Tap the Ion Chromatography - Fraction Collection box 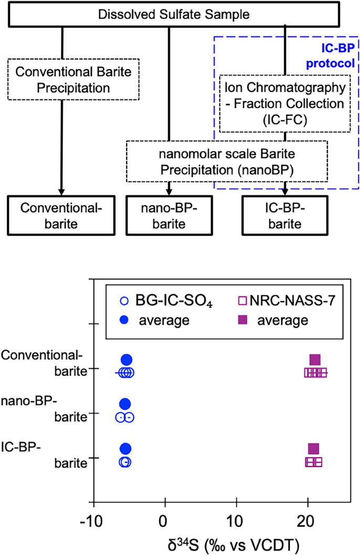[284, 103]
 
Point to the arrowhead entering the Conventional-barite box [62, 191]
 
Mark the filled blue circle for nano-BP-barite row [125, 404]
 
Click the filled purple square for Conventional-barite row [315, 360]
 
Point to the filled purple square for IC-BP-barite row [313, 449]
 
